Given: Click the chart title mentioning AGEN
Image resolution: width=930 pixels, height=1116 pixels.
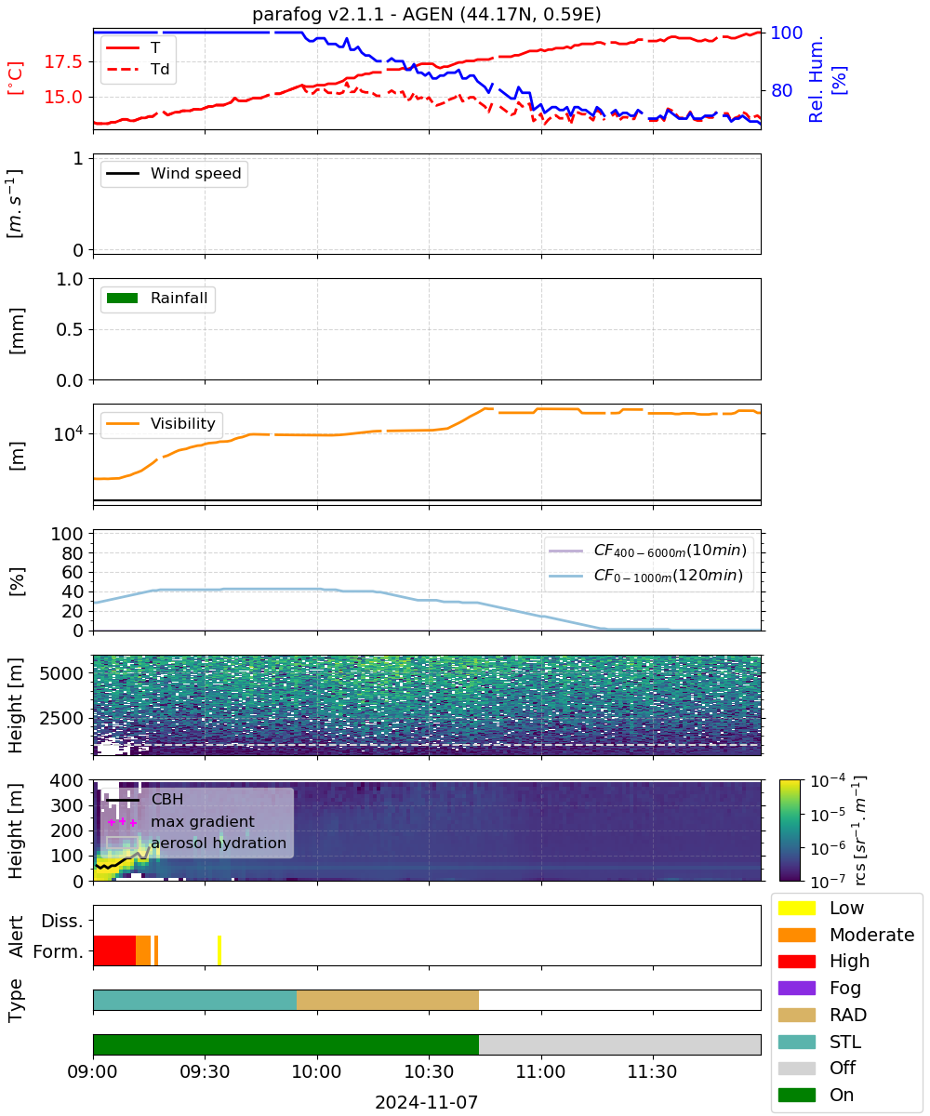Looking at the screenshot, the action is (427, 14).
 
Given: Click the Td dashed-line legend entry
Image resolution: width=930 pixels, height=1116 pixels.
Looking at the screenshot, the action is (138, 69).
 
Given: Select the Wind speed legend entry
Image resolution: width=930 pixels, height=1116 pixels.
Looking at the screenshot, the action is (174, 173).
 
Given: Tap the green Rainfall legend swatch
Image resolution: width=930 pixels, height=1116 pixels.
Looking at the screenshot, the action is (123, 299).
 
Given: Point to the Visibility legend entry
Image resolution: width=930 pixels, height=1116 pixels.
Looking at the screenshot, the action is (161, 423).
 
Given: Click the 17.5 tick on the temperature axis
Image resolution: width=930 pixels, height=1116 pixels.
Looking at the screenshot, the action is (63, 61).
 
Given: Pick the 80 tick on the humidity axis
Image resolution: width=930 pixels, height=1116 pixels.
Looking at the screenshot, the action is (781, 90).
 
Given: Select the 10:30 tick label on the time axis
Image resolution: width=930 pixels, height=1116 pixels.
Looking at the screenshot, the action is (429, 1072).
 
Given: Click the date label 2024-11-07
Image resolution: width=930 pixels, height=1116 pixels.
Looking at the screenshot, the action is (427, 1103).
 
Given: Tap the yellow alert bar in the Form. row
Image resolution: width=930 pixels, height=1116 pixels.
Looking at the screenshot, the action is (219, 950).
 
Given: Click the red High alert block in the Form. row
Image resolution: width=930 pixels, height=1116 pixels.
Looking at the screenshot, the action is (114, 950).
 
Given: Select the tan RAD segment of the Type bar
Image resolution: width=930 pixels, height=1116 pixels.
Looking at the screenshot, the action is (388, 1000).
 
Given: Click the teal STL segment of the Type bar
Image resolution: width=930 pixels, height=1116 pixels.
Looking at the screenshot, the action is (195, 1000).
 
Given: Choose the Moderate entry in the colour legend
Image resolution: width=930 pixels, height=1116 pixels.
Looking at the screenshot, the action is (846, 935).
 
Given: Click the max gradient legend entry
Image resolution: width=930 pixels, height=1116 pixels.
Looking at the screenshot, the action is (180, 821).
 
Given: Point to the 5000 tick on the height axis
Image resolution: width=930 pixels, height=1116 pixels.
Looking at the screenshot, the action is (61, 673).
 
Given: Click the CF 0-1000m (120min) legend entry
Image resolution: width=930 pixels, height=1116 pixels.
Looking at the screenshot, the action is (645, 576).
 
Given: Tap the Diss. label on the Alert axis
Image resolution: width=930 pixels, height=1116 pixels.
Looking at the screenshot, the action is (62, 921).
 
